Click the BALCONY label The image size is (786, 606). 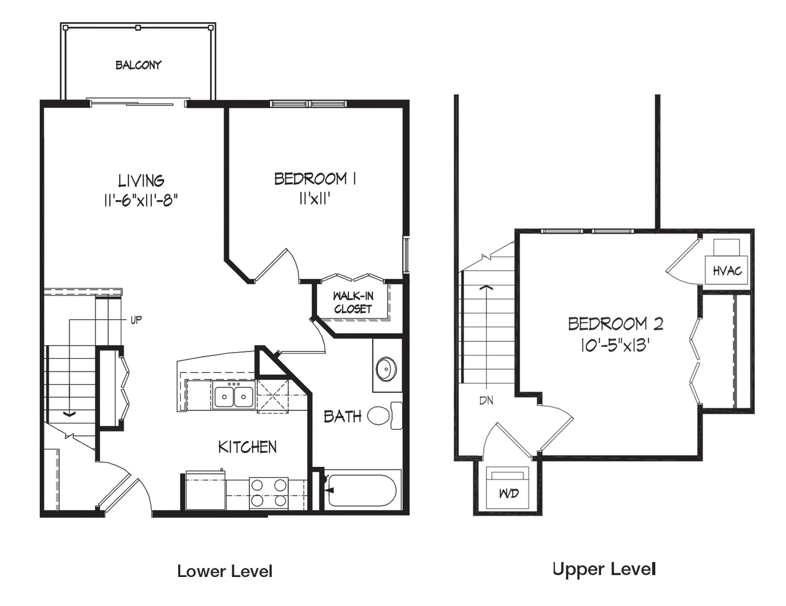point(138,65)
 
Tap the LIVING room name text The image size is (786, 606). point(141,181)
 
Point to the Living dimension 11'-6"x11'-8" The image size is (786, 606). point(141,200)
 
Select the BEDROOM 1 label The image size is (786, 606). point(316,179)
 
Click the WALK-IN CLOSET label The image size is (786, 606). point(353,303)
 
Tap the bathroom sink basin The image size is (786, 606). point(387,369)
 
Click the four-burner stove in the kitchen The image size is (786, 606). point(269,493)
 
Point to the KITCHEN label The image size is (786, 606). point(247,447)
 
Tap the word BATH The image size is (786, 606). point(343,417)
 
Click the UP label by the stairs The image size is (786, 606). point(136,320)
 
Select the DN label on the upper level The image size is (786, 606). point(487,401)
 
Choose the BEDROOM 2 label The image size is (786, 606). point(616,324)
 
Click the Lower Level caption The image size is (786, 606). point(225,571)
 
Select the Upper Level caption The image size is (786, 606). point(604,569)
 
